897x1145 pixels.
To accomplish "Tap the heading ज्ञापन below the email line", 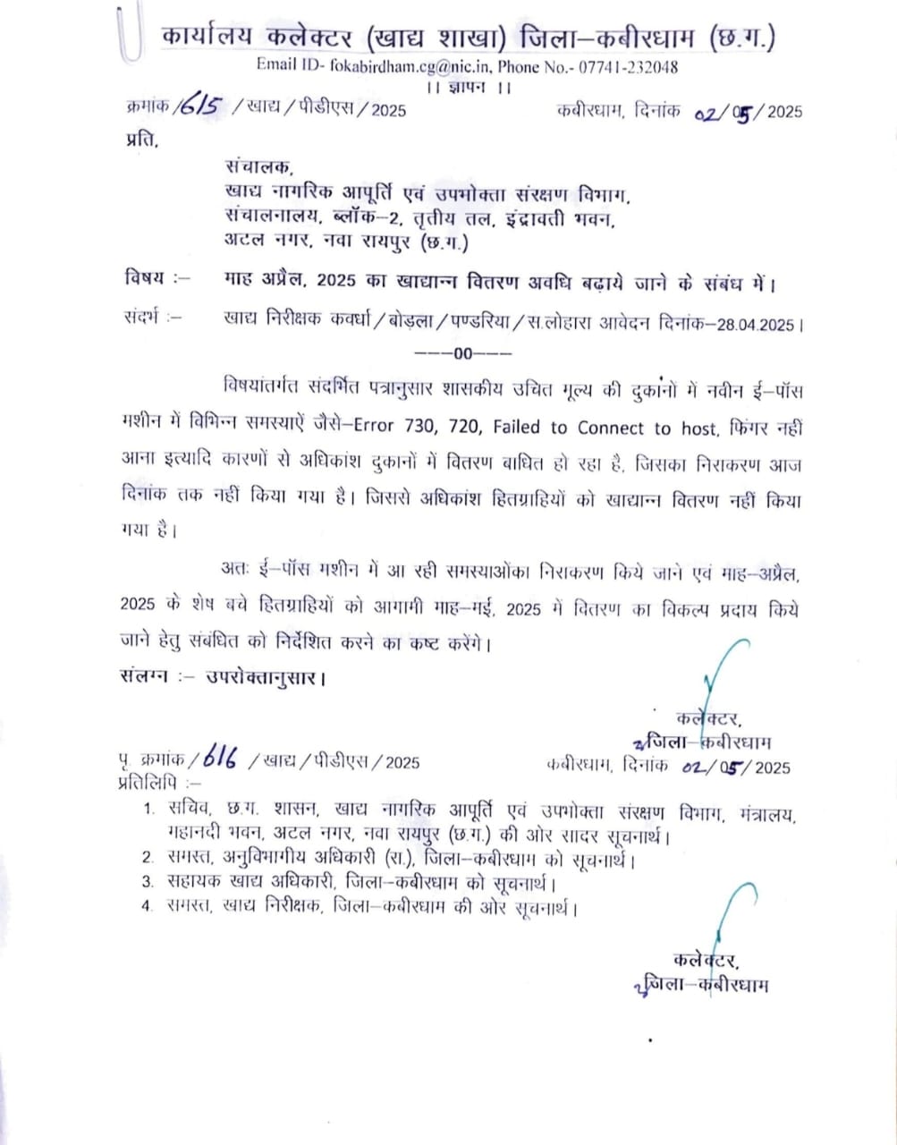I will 469,88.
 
